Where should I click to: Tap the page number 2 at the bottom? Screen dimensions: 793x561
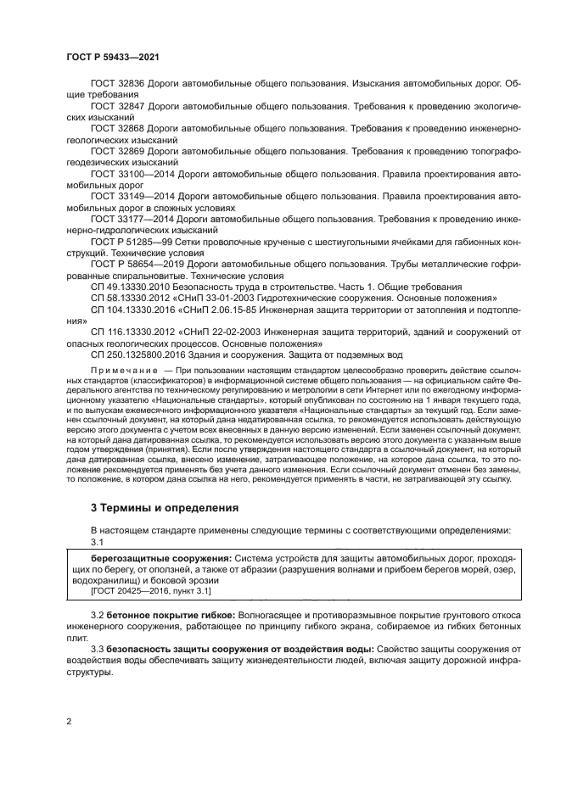tap(69, 722)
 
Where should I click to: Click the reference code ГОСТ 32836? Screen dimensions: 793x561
tap(118, 85)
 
